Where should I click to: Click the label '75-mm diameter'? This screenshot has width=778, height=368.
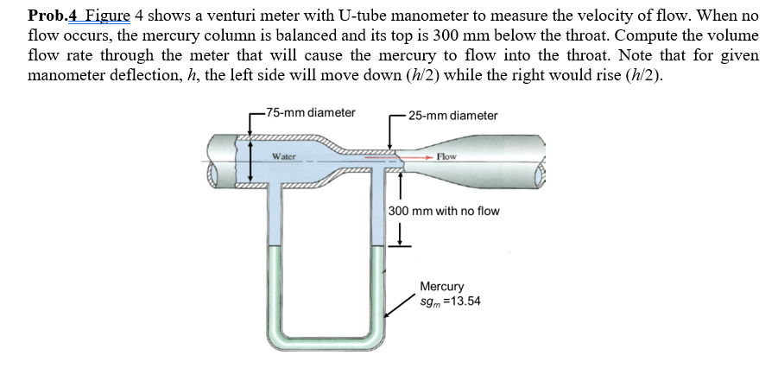[x=311, y=112]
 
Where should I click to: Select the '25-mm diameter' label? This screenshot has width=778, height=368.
[x=452, y=116]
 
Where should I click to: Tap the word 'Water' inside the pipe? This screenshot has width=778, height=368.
[x=284, y=157]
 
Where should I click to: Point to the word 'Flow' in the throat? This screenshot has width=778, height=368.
[x=446, y=156]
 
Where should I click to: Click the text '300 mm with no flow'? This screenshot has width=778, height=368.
[x=444, y=211]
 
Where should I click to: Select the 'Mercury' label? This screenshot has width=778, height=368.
[x=441, y=286]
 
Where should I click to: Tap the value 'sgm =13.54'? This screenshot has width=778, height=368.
[x=450, y=301]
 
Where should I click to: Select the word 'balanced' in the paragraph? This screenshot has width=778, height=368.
[x=312, y=35]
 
